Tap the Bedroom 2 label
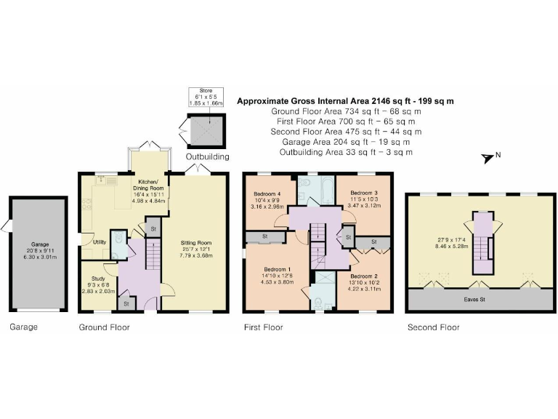pyautogui.click(x=364, y=276)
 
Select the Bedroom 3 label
pyautogui.click(x=365, y=192)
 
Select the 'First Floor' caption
pyautogui.click(x=263, y=327)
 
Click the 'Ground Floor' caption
pyautogui.click(x=104, y=327)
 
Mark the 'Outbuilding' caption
pyautogui.click(x=207, y=156)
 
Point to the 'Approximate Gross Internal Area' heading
pyautogui.click(x=346, y=101)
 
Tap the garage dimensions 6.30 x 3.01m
pyautogui.click(x=39, y=257)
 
